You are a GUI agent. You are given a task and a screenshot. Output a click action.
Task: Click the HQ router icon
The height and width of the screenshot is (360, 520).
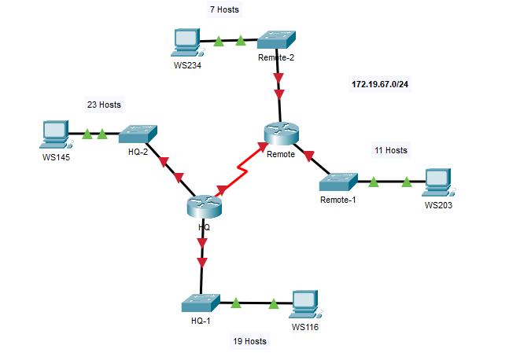pos(205,207)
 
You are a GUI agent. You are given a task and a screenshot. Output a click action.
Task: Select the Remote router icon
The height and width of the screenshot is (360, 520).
pos(281,134)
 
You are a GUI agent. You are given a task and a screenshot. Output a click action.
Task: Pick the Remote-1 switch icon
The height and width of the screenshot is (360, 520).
pos(339,182)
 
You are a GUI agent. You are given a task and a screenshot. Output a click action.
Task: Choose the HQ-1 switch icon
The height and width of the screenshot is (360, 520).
pos(201,303)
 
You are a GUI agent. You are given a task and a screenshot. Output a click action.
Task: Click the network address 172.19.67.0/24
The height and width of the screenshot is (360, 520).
pos(379,83)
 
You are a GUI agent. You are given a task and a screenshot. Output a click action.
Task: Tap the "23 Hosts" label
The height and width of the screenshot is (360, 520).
pos(104,104)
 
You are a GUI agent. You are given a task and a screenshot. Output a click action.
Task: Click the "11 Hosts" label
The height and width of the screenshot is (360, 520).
pos(390,150)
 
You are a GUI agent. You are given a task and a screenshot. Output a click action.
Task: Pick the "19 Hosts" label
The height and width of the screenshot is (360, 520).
pos(249,341)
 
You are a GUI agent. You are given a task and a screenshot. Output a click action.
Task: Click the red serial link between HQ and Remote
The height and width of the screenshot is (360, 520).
pos(239,167)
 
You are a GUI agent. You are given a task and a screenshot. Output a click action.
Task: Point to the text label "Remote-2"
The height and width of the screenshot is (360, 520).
pos(275,57)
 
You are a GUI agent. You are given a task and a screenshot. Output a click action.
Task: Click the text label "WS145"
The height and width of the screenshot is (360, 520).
pos(56,155)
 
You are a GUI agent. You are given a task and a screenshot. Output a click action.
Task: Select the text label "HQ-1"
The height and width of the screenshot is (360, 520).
pos(201,321)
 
